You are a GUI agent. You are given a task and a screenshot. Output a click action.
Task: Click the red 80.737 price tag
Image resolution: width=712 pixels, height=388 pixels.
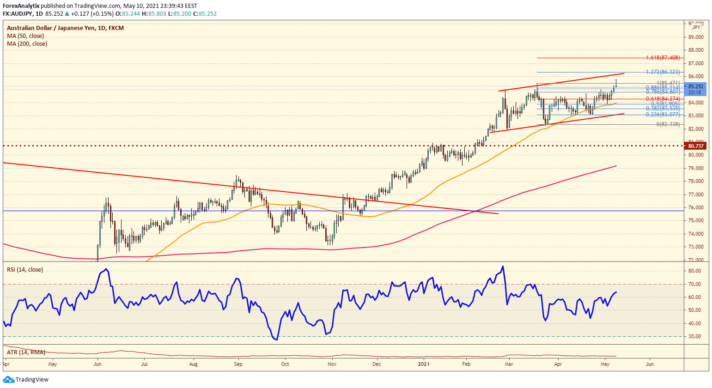click(x=696, y=146)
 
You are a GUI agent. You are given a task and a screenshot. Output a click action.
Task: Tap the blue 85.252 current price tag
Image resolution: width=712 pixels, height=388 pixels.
click(x=696, y=86)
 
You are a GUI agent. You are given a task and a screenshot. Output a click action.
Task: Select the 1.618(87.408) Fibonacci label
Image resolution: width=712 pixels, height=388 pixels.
click(x=663, y=58)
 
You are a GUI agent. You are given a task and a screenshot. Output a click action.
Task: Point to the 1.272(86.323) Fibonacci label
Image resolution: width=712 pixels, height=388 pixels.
click(x=663, y=72)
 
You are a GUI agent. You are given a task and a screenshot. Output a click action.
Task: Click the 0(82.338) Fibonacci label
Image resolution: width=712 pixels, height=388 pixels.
click(x=668, y=124)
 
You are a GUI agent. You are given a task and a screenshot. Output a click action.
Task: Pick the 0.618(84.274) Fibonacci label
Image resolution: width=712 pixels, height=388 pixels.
click(x=663, y=99)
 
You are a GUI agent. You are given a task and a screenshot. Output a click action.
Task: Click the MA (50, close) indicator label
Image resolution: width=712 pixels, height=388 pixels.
click(x=25, y=36)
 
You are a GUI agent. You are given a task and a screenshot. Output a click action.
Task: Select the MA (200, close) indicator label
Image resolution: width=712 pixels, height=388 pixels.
click(x=27, y=44)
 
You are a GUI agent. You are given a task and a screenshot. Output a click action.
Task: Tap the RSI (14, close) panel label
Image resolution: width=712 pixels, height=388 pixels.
click(x=24, y=270)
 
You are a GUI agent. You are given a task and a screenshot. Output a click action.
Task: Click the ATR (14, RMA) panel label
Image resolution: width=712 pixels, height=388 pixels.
click(x=26, y=352)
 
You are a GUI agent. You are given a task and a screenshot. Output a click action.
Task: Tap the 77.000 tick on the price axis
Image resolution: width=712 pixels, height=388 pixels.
click(x=696, y=194)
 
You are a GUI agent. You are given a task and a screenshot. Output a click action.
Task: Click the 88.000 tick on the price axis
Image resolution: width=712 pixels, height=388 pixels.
click(x=696, y=50)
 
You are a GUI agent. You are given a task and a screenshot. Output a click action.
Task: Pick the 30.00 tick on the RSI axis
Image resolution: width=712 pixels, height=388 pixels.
click(x=694, y=337)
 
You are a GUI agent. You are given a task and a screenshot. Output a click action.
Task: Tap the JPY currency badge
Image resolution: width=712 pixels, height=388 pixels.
click(x=696, y=28)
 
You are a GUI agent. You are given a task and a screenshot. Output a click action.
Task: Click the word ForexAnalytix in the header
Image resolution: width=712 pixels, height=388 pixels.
click(x=21, y=6)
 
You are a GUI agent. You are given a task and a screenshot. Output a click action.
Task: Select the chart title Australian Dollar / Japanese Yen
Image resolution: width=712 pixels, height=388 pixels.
click(x=51, y=28)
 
